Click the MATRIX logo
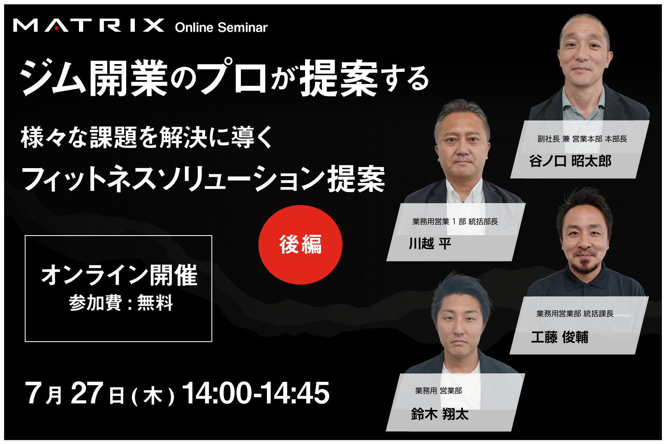[88, 25]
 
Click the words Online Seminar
[221, 28]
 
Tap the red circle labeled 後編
[300, 245]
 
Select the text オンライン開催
[119, 275]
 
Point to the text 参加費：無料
[121, 303]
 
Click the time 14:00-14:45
[256, 393]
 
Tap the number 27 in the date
[87, 393]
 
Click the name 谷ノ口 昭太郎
[570, 161]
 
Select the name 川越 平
[430, 243]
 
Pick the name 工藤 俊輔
[560, 337]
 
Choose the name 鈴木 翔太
[440, 414]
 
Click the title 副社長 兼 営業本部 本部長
[582, 139]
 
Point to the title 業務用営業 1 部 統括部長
[455, 222]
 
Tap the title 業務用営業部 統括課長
[575, 314]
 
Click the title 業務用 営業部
[439, 391]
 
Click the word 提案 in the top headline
[339, 78]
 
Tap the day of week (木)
[153, 396]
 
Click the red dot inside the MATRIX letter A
[56, 28]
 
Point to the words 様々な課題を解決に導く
[147, 137]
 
